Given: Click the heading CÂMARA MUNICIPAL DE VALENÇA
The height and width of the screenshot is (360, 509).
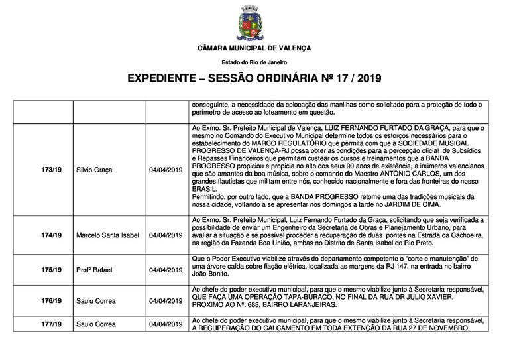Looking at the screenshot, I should click(x=254, y=49).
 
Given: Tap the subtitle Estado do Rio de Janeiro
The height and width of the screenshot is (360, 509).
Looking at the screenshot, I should click(x=254, y=62).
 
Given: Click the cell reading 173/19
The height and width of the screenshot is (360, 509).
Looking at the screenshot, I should click(x=50, y=170).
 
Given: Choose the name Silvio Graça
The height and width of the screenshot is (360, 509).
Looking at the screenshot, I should click(x=95, y=170).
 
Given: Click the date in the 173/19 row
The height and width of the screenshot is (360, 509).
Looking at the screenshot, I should click(x=165, y=170).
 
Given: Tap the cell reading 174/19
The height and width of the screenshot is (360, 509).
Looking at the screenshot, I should click(x=50, y=234).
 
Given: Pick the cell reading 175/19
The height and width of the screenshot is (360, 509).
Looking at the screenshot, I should click(x=50, y=270).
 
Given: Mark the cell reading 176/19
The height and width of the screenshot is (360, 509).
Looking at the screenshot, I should click(x=50, y=301).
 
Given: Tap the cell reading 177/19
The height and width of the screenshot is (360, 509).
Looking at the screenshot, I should click(x=50, y=324).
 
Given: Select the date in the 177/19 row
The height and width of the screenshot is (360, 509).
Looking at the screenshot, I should click(x=165, y=324).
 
